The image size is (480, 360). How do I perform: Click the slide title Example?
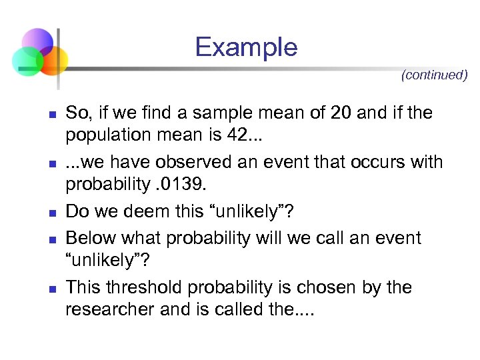246,47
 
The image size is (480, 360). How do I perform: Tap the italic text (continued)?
434,75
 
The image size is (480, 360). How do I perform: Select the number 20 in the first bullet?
340,113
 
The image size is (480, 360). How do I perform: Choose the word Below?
89,238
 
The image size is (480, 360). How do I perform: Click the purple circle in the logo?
37,41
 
